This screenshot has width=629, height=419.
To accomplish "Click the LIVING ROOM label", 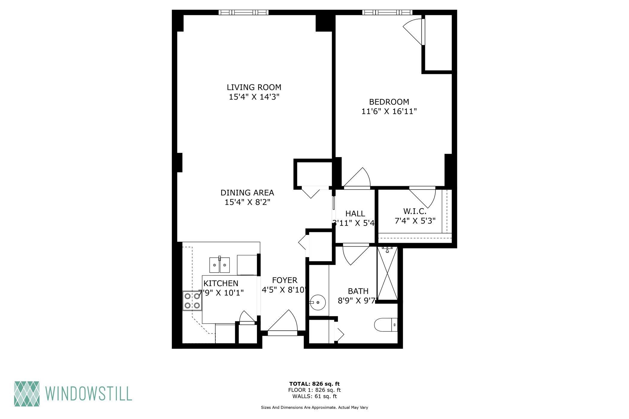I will pyautogui.click(x=254, y=87).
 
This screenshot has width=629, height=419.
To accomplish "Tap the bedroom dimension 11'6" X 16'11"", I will pyautogui.click(x=389, y=111).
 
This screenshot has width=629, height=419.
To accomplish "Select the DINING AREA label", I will pyautogui.click(x=247, y=192).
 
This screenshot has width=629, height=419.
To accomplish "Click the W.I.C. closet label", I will pyautogui.click(x=415, y=211).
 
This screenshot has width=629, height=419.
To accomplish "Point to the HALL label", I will pyautogui.click(x=355, y=213).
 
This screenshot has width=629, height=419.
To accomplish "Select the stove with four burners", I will pyautogui.click(x=192, y=301).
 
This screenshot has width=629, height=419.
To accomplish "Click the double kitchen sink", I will pyautogui.click(x=219, y=265).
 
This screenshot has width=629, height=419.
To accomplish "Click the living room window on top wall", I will pyautogui.click(x=243, y=12).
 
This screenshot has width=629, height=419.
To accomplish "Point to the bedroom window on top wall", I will pyautogui.click(x=387, y=12).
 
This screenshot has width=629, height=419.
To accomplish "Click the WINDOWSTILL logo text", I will pyautogui.click(x=89, y=394).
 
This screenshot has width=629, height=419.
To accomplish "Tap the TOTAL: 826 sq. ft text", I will pyautogui.click(x=314, y=384).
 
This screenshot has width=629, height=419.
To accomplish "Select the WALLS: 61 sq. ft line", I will pyautogui.click(x=314, y=396).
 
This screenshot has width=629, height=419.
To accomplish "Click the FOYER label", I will pyautogui.click(x=285, y=280).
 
